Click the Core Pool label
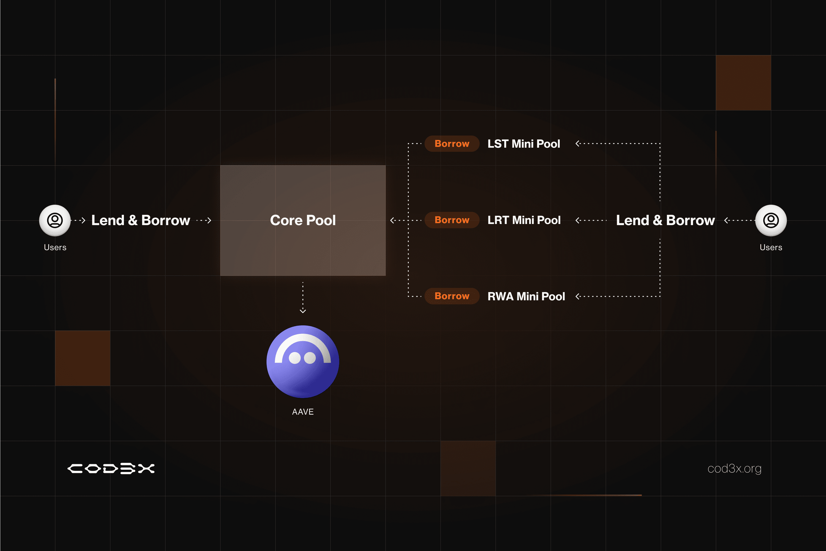[303, 220]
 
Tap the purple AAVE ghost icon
[303, 361]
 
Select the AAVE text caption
[303, 412]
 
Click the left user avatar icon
[55, 220]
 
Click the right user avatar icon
[771, 220]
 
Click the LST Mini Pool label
[524, 144]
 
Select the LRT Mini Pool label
[524, 220]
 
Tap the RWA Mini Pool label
[526, 296]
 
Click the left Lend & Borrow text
[140, 220]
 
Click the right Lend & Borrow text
[665, 220]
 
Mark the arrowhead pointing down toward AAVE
[303, 311]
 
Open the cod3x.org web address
[734, 468]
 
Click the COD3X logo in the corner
[111, 468]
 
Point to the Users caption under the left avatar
[55, 247]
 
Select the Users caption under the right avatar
[771, 247]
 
